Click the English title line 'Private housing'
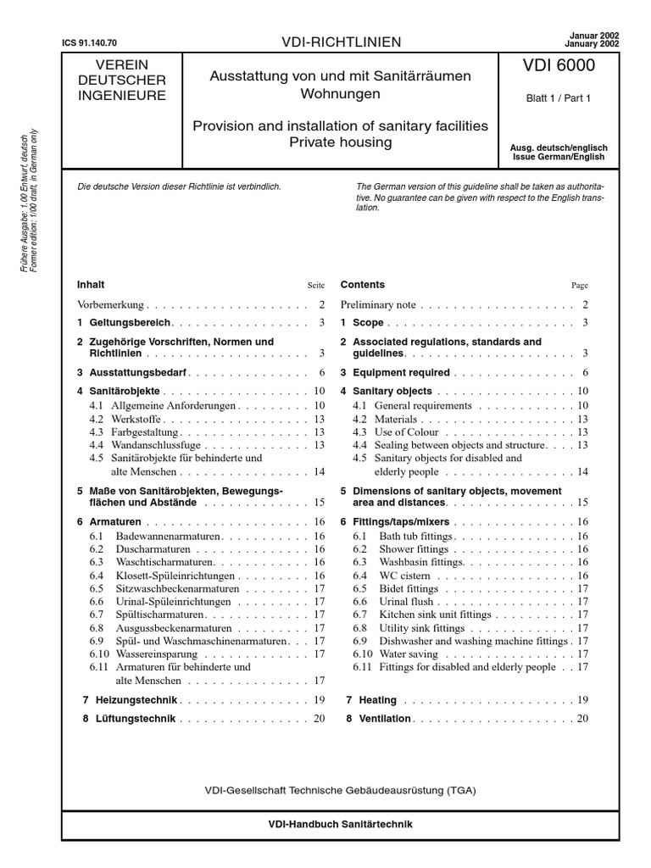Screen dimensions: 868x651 pyautogui.click(x=340, y=142)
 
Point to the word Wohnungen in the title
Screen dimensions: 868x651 pyautogui.click(x=340, y=93)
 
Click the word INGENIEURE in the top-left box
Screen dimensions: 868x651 pyautogui.click(x=122, y=96)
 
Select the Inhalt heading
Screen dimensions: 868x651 pyautogui.click(x=91, y=285)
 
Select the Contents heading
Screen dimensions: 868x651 pyautogui.click(x=362, y=285)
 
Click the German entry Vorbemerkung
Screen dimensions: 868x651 pyautogui.click(x=111, y=304)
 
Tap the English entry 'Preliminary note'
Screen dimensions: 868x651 pyautogui.click(x=378, y=304)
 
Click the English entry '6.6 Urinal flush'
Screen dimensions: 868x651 pyautogui.click(x=395, y=602)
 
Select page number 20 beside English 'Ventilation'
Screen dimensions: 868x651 pyautogui.click(x=581, y=719)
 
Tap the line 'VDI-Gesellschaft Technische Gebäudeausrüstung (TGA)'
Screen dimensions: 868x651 pyautogui.click(x=340, y=790)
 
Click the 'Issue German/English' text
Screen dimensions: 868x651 pyautogui.click(x=558, y=157)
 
